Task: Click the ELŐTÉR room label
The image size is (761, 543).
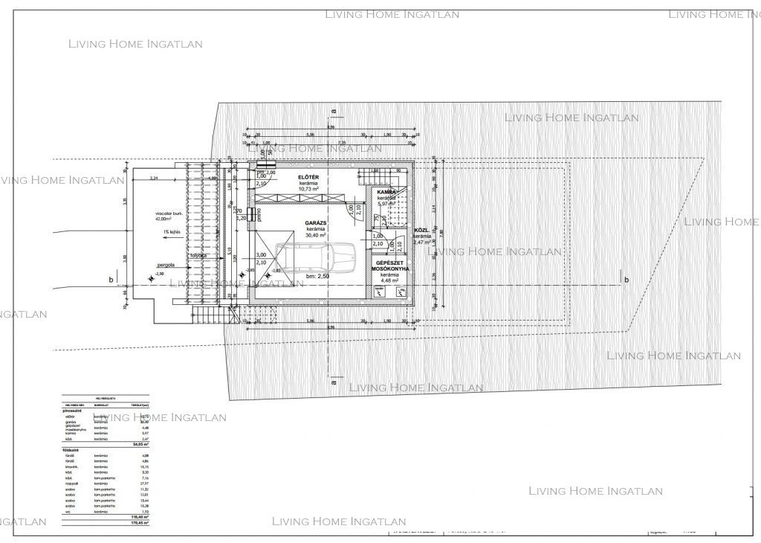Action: click(x=309, y=176)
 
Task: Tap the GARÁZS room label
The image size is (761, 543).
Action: click(x=317, y=222)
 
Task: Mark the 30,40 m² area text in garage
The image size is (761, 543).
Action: click(x=317, y=235)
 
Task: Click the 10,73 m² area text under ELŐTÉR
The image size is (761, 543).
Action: click(x=309, y=190)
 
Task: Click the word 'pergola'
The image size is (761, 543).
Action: click(x=166, y=264)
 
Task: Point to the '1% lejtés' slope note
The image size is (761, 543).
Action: click(x=175, y=232)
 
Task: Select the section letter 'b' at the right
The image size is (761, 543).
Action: click(x=626, y=280)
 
